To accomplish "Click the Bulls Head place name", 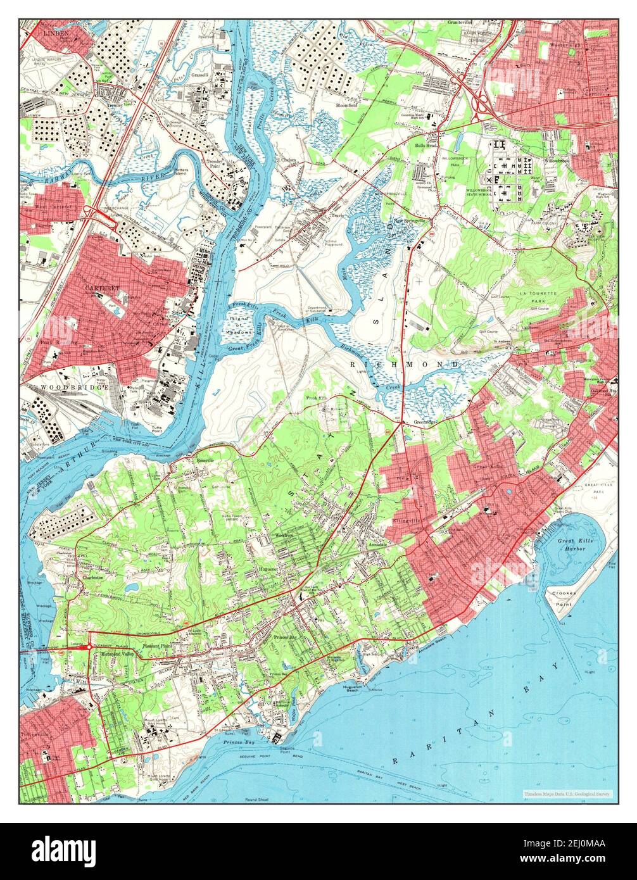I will point(426,146).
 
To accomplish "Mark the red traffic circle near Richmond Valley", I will point(89,646).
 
